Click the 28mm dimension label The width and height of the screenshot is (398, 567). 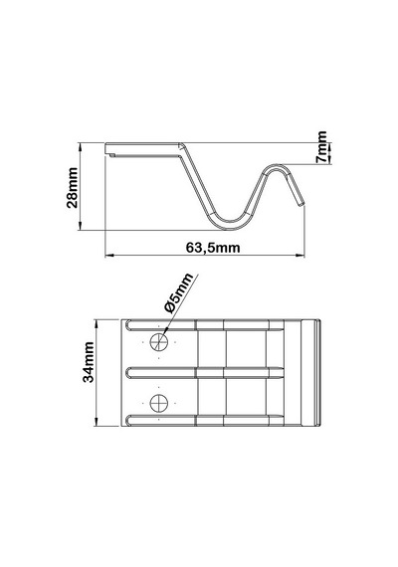click(x=73, y=187)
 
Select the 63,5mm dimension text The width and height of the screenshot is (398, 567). click(x=213, y=248)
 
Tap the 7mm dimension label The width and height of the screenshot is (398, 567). click(x=321, y=147)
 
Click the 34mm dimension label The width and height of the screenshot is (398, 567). click(x=89, y=362)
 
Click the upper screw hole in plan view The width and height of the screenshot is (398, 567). click(x=159, y=342)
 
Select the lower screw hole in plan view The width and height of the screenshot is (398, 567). click(x=159, y=403)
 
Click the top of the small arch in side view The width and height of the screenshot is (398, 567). click(x=278, y=166)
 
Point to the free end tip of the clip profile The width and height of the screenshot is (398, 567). click(x=301, y=205)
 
